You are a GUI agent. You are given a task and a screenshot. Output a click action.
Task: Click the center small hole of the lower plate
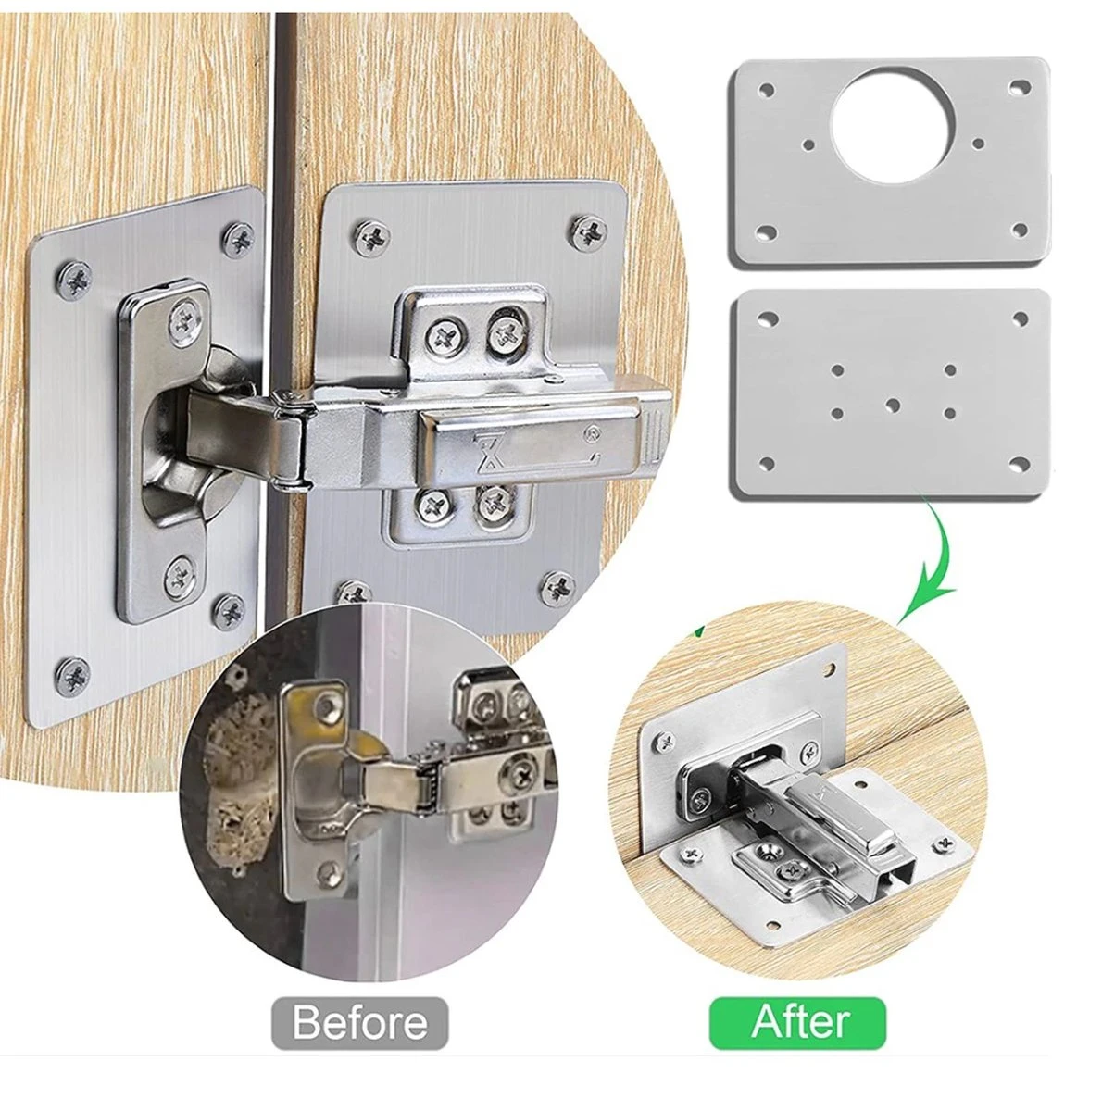tap(893, 406)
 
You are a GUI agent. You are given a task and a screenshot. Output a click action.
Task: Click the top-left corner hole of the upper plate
tap(766, 91)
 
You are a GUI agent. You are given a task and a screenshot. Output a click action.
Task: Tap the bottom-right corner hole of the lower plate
tap(1019, 462)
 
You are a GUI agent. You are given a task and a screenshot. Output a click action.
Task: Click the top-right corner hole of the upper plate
tap(1019, 88)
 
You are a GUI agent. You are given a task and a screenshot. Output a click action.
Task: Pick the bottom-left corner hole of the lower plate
tap(766, 462)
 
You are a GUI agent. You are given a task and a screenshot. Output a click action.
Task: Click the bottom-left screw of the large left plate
tap(73, 675)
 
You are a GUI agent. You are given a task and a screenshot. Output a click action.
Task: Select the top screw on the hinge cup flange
tap(185, 322)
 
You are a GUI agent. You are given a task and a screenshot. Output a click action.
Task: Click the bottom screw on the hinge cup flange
tap(182, 578)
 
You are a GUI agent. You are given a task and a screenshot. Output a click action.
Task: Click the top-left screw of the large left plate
tap(74, 281)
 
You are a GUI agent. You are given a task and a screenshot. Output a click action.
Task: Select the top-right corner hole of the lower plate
tap(1021, 318)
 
